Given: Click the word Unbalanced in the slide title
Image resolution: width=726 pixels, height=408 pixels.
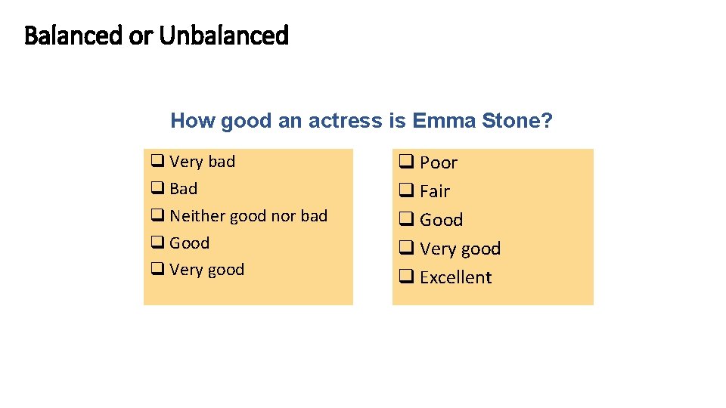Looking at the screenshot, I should pos(224,36).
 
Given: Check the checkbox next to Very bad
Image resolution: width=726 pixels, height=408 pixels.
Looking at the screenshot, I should pos(157,162).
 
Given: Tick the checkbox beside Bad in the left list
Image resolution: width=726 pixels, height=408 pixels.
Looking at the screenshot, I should pos(157,189).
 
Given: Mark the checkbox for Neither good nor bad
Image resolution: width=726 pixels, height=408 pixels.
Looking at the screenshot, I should pos(157,216).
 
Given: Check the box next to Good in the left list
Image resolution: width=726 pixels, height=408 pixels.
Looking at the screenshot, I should pos(157,243).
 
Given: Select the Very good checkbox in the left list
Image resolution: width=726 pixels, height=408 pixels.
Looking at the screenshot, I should pos(157,270).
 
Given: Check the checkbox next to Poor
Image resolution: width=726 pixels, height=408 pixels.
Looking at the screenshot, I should pos(406,162).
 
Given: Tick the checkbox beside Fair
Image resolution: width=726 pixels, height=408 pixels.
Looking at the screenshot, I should pos(406,191).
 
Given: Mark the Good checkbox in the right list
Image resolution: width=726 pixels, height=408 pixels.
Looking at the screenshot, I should pos(406,220).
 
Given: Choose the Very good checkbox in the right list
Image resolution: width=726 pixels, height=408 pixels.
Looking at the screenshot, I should pos(406,249).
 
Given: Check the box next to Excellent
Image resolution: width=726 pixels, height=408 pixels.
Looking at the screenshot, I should pos(406,277).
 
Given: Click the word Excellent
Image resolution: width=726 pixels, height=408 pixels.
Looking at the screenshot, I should pos(455,278).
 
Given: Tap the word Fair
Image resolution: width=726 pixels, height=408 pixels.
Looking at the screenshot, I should pos(435,192).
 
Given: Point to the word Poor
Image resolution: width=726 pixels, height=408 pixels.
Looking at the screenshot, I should pos(439,163).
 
